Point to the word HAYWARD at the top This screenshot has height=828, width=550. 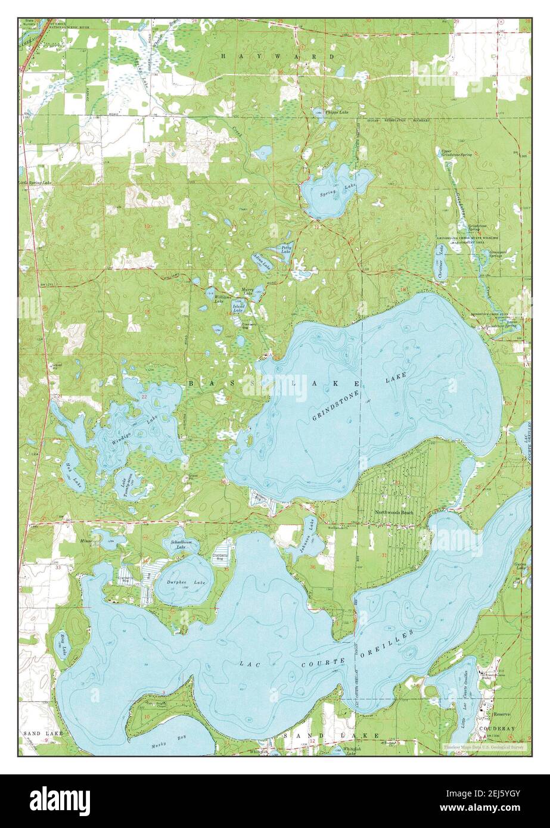[x=278, y=56]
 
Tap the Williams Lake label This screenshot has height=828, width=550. [x=222, y=298]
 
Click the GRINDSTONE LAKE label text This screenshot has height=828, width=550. [x=359, y=397]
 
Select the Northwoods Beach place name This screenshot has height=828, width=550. [x=394, y=512]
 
